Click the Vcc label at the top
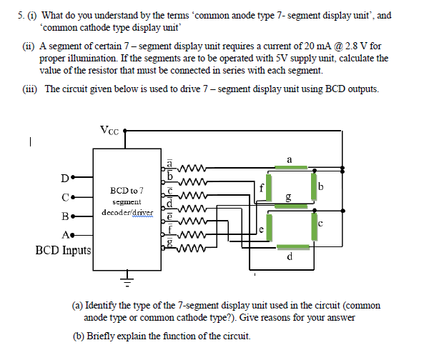(x=110, y=131)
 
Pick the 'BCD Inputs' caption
(x=62, y=251)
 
